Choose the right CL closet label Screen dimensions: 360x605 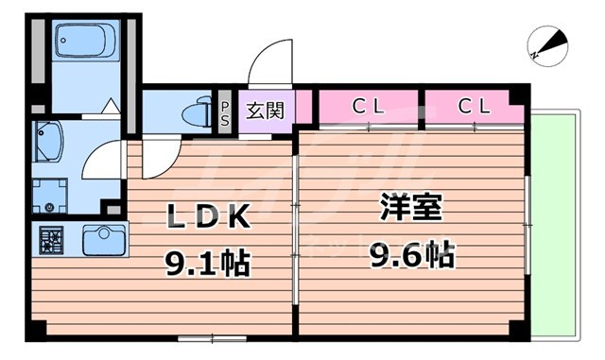474,106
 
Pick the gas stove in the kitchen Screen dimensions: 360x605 51,241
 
